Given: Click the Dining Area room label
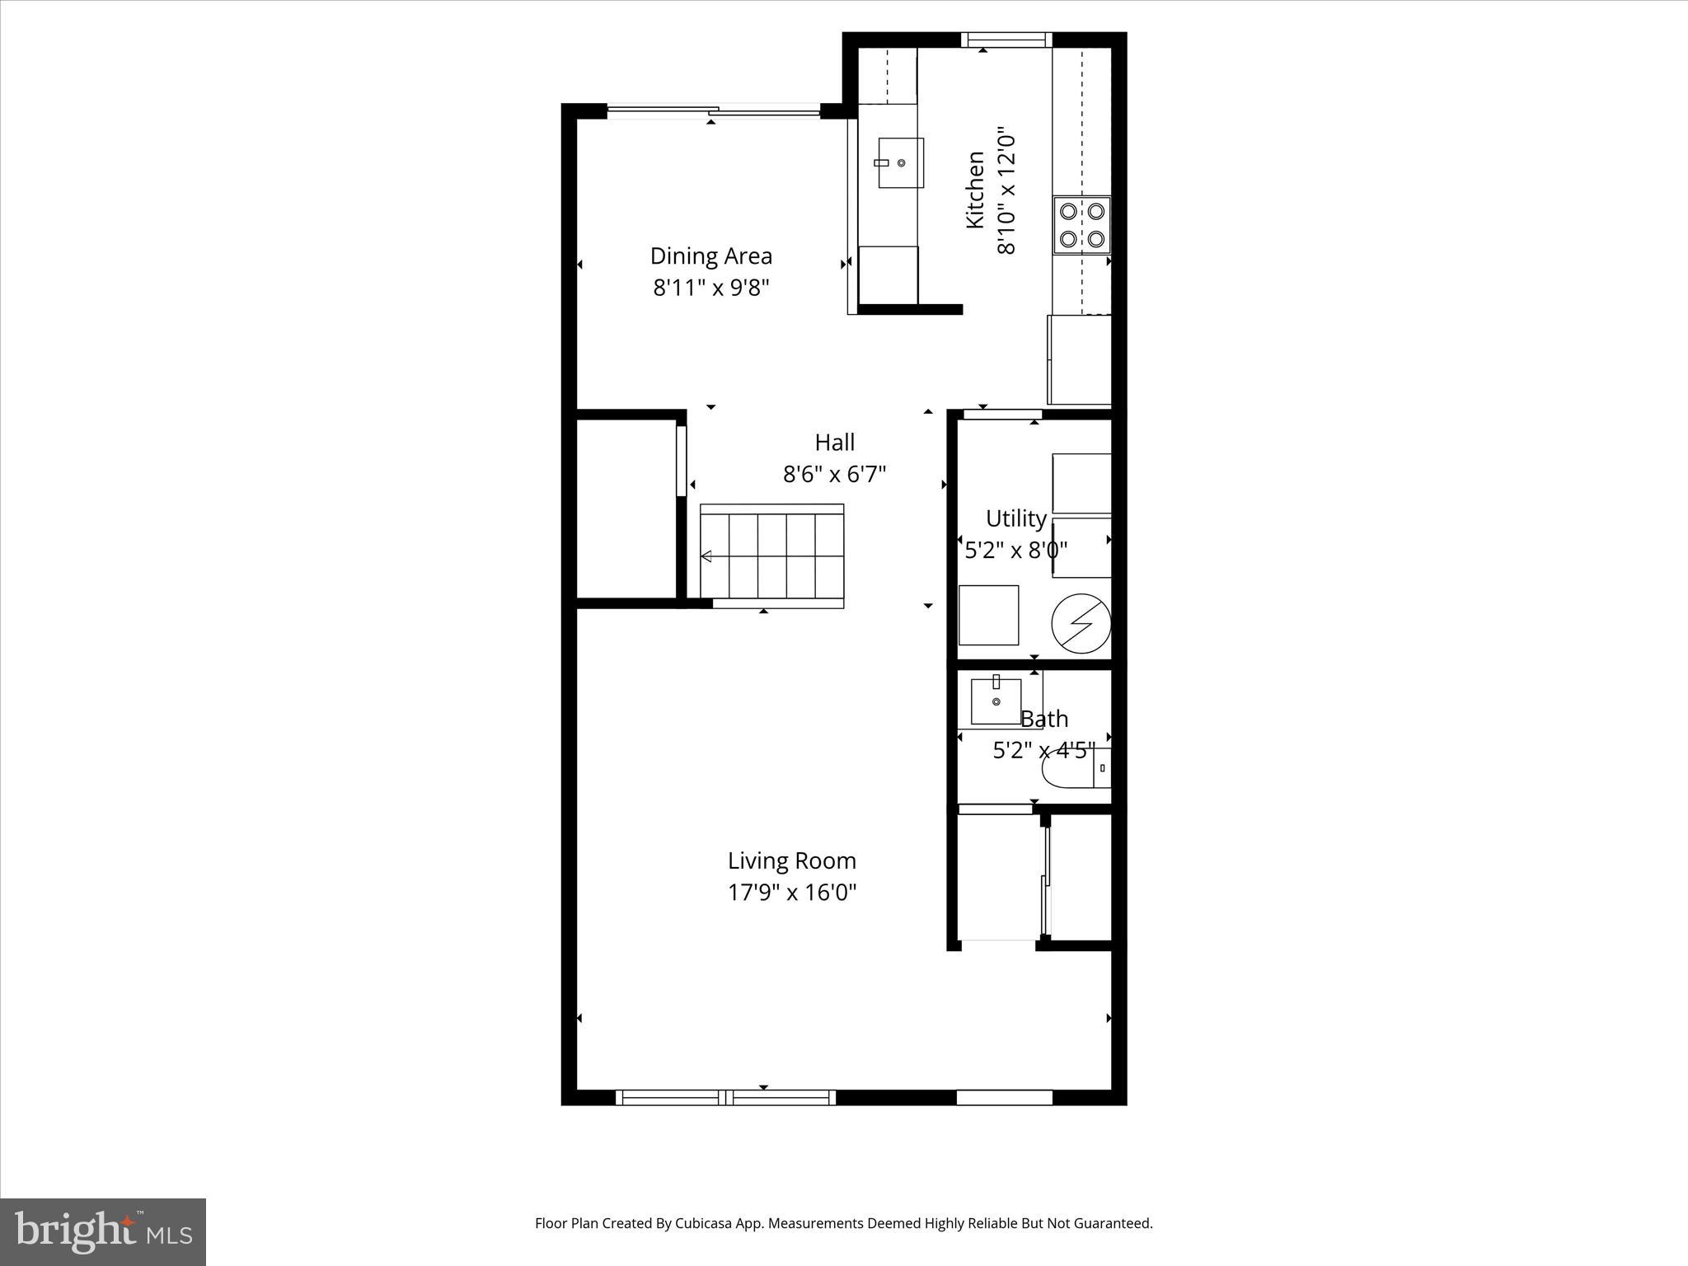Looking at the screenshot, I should point(710,256).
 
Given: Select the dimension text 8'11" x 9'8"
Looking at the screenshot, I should point(710,288).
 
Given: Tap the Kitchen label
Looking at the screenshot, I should point(975,190).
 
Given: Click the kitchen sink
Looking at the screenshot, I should point(900,163).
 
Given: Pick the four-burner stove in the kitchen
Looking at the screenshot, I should point(1081,225).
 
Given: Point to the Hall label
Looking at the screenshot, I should point(834,443).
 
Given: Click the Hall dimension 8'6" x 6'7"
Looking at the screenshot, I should point(834,475).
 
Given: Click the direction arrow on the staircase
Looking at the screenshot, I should point(706,557).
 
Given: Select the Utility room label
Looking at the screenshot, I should point(1015,518).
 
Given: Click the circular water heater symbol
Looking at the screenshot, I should point(1081,623).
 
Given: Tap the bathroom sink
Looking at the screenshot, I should point(996,701).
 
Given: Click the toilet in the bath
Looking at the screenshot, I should point(1076,768).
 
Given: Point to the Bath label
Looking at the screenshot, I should point(1044,719).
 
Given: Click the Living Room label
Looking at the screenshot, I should point(791,861).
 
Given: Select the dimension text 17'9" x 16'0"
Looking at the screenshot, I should point(791,893).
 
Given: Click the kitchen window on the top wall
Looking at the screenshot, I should point(1006,39).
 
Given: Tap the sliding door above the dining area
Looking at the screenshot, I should point(714,110).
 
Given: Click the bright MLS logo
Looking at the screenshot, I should point(103,1231).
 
